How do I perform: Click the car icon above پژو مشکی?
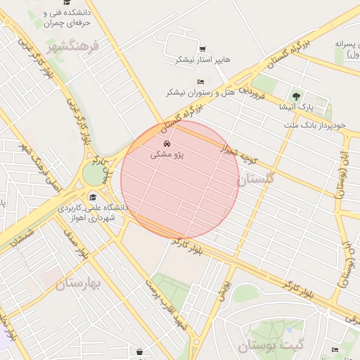click(166, 145)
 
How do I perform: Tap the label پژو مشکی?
click(167, 156)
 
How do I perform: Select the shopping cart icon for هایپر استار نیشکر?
click(202, 49)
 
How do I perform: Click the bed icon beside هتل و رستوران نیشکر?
click(201, 82)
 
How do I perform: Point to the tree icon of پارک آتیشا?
click(295, 96)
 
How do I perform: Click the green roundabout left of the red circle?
click(94, 174)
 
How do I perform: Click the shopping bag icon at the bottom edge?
click(139, 351)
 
